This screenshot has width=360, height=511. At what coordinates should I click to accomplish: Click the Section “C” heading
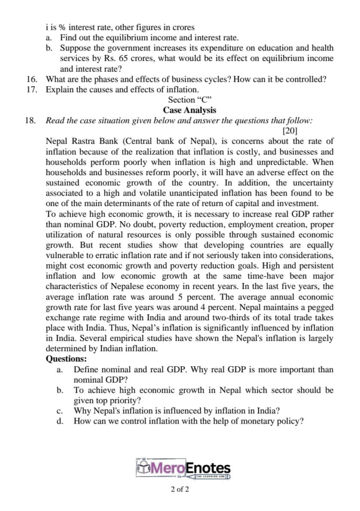coord(189,100)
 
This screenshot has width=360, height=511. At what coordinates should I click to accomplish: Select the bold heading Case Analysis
coord(189,110)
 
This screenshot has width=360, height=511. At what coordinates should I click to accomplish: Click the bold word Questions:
coord(66,358)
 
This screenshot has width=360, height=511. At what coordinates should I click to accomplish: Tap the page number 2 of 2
coord(180,489)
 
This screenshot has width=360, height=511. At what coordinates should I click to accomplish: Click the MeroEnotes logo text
coord(190,468)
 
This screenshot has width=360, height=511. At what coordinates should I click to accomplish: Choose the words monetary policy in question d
coord(273,421)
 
